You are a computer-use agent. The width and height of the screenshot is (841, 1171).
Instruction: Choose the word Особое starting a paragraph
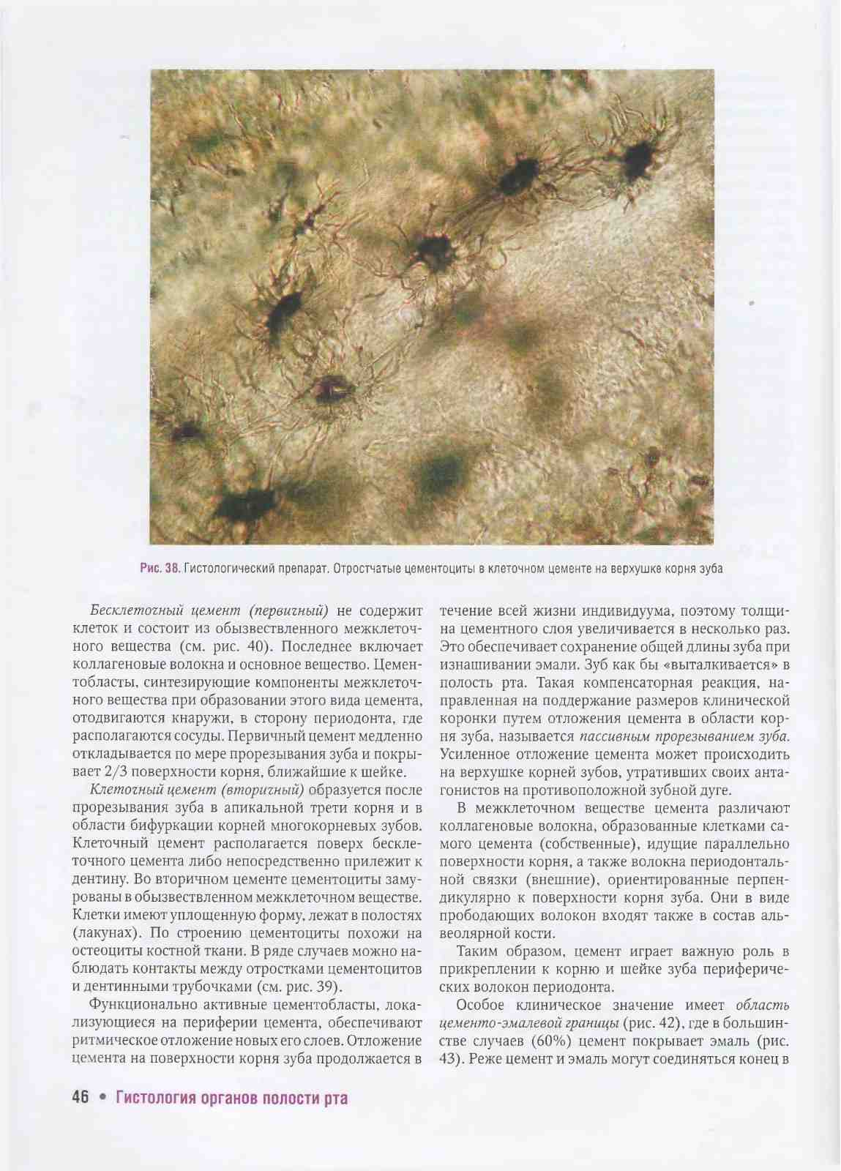[482, 1004]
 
